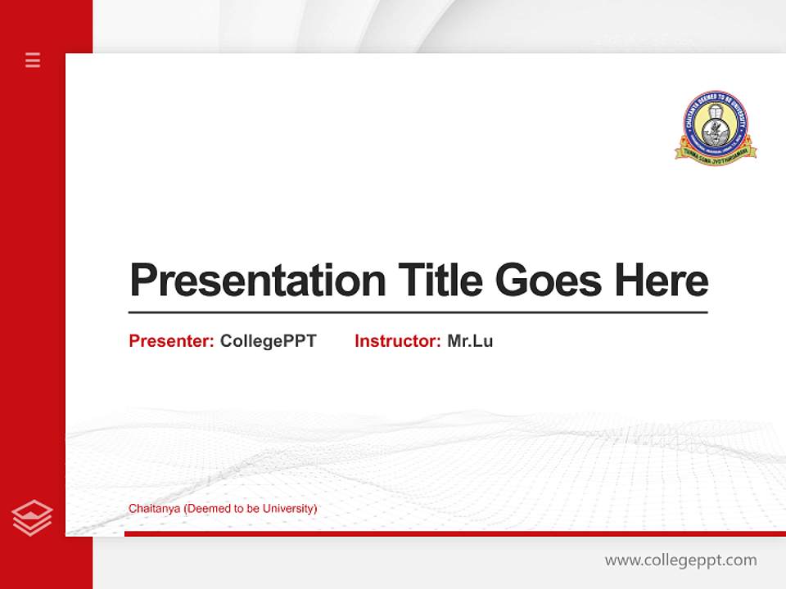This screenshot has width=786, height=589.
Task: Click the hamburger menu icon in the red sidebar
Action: point(33,60)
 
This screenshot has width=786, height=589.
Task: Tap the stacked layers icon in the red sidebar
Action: point(32,518)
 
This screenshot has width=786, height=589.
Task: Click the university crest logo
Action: point(716,127)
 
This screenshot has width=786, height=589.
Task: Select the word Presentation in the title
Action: point(258,281)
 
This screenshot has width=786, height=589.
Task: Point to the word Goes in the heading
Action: point(550,281)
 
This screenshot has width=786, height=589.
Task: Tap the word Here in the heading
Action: point(661,281)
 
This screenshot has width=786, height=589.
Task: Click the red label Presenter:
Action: point(171,341)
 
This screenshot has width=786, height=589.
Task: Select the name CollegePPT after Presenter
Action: point(268,341)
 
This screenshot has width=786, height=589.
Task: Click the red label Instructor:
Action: point(397,341)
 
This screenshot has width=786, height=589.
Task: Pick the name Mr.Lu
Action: point(470,341)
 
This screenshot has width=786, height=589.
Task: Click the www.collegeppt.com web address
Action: point(680,560)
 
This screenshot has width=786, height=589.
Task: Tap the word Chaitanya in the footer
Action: point(154,509)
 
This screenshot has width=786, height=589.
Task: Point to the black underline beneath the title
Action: point(418,312)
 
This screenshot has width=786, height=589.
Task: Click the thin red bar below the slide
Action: point(454,533)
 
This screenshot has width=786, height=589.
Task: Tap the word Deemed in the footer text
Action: point(206,509)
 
